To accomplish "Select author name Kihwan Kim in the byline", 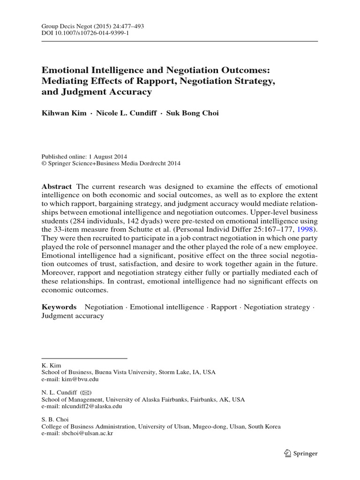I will tap(63, 113).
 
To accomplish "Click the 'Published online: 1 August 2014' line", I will tap(85, 157).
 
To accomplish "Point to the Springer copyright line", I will tap(111, 164).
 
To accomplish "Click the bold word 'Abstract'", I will tap(57, 187).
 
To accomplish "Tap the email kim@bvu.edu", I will tap(70, 379).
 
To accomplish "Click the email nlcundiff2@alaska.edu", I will tap(82, 406).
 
